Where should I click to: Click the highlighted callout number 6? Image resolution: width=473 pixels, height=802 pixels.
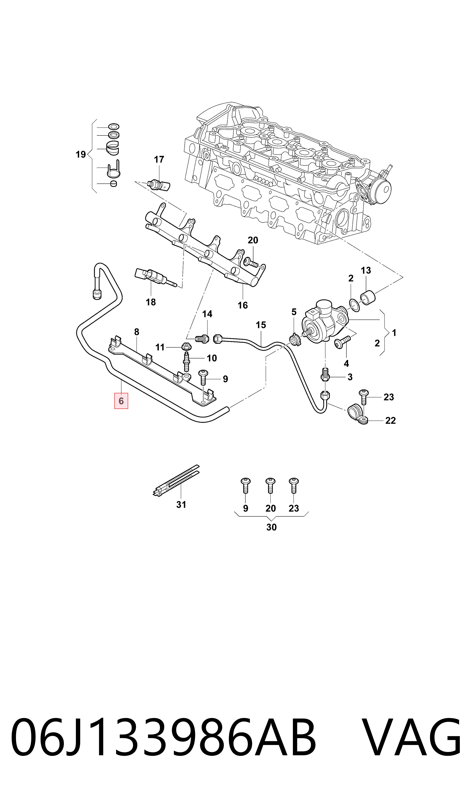[x=121, y=401]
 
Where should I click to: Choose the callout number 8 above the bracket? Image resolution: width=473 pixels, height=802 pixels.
[x=137, y=332]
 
